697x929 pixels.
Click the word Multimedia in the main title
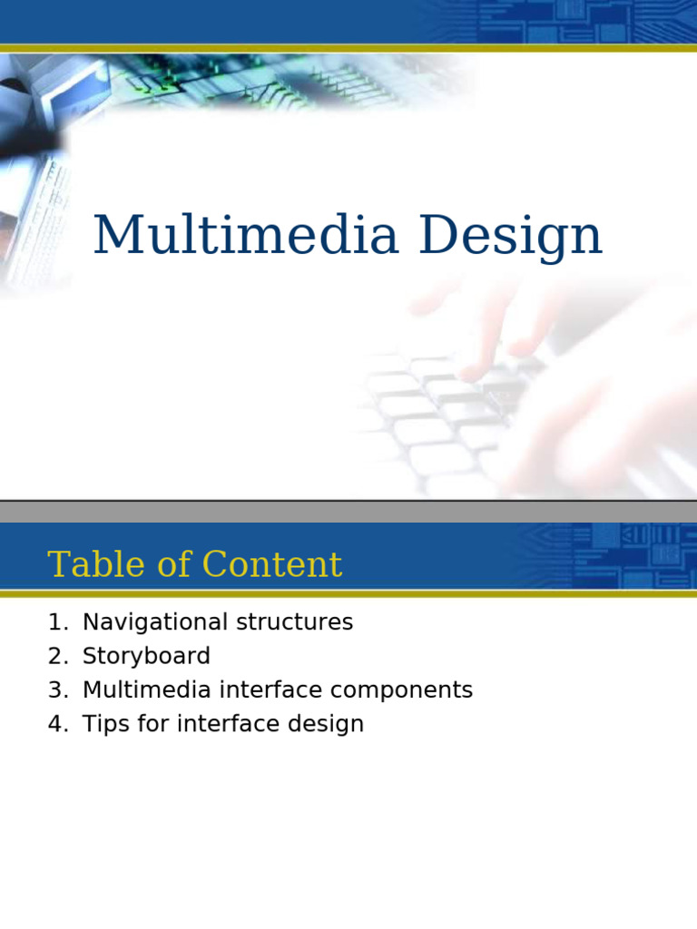(x=246, y=236)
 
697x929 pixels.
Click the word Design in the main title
(x=510, y=238)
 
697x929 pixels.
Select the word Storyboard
(x=146, y=656)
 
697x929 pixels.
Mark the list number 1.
(x=56, y=622)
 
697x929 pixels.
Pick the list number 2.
(x=56, y=656)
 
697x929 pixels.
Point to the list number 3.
(x=56, y=690)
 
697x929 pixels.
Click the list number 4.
(x=56, y=724)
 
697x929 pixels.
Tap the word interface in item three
(x=270, y=690)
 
